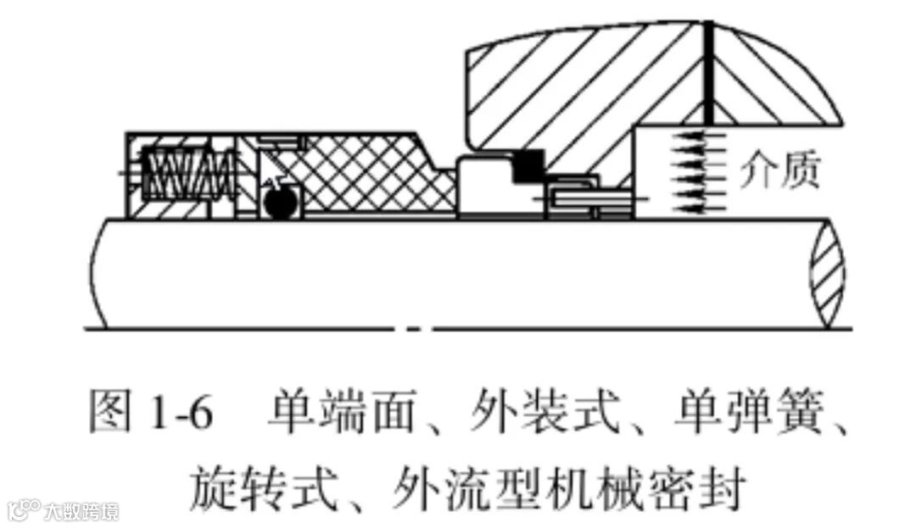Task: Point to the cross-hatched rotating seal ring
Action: pos(365,178)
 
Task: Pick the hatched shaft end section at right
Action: pos(827,273)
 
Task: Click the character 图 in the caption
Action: pos(109,414)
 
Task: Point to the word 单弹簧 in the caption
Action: pos(740,414)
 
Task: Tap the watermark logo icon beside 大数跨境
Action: pos(24,509)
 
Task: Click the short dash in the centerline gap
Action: pos(413,327)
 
